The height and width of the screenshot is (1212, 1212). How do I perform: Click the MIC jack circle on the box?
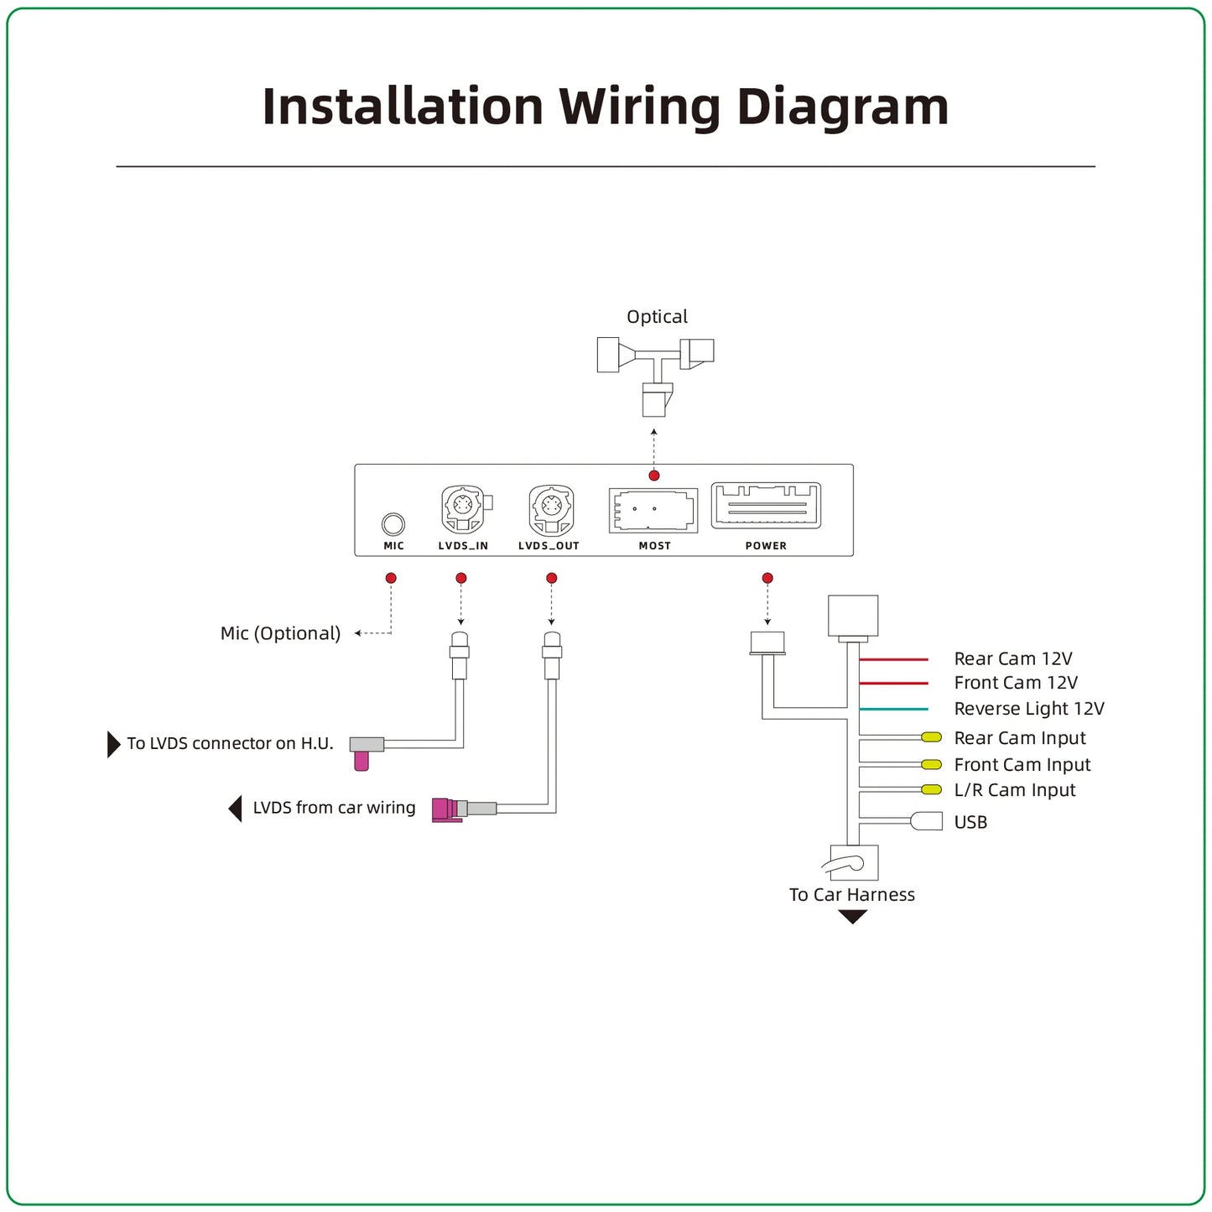pyautogui.click(x=393, y=524)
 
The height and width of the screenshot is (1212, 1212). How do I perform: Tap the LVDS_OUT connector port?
pyautogui.click(x=552, y=509)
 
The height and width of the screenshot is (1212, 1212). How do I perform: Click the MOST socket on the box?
pyautogui.click(x=653, y=510)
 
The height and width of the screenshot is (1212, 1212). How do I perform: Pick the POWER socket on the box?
pyautogui.click(x=766, y=506)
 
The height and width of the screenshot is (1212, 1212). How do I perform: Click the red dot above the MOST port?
pyautogui.click(x=654, y=476)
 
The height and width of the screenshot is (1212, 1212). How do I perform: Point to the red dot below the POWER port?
pyautogui.click(x=767, y=578)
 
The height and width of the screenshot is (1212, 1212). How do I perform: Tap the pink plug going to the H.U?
pyautogui.click(x=362, y=761)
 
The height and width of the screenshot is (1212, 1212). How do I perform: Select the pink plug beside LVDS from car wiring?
pyautogui.click(x=445, y=809)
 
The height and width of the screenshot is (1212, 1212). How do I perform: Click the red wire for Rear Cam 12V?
pyautogui.click(x=894, y=659)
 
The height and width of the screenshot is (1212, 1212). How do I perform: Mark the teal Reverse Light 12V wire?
pyautogui.click(x=894, y=709)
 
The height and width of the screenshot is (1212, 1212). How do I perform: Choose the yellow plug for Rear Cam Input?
pyautogui.click(x=932, y=737)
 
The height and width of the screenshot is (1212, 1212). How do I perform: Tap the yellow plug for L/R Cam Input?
pyautogui.click(x=932, y=790)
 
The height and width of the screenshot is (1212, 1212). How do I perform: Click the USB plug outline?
pyautogui.click(x=927, y=821)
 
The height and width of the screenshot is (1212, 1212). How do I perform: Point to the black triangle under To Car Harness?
pyautogui.click(x=853, y=917)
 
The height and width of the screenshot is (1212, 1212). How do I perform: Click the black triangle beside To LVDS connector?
pyautogui.click(x=113, y=744)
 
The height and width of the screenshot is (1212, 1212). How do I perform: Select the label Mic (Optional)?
pyautogui.click(x=280, y=633)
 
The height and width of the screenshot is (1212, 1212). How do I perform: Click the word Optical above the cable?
pyautogui.click(x=658, y=316)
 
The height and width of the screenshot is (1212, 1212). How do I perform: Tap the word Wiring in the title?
pyautogui.click(x=640, y=107)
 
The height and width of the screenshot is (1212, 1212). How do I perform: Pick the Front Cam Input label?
pyautogui.click(x=1022, y=765)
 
